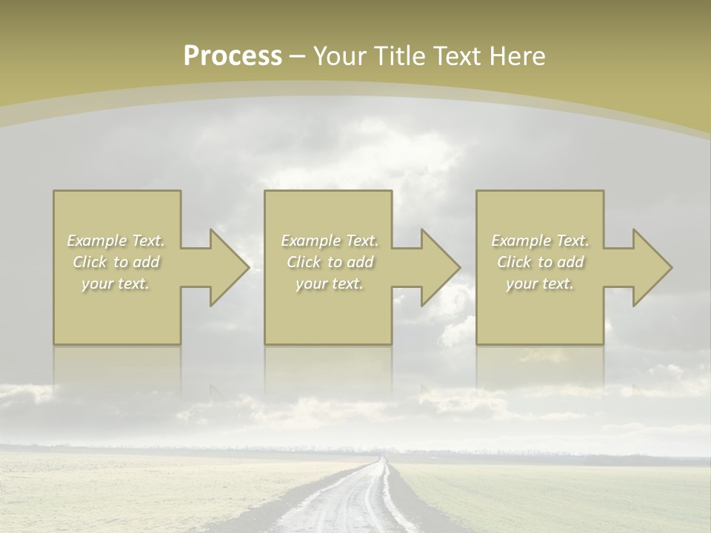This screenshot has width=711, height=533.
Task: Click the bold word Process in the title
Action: pos(233,56)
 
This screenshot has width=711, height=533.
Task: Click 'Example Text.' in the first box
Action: pos(116,241)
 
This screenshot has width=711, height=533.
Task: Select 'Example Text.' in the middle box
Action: pos(330,241)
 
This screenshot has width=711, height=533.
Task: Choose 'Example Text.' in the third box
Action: pos(540,241)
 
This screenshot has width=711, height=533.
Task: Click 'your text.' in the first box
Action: pos(116,284)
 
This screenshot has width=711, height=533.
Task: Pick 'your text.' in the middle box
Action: pos(330,284)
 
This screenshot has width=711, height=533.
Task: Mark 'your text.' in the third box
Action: pos(540,284)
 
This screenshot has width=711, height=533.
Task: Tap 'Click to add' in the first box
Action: pos(116,262)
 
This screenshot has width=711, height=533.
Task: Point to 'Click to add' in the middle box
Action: pos(330,262)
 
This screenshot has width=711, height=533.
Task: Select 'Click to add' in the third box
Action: pos(540,262)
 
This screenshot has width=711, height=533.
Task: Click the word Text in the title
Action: pos(458,56)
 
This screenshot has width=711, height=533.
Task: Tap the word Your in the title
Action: pos(338,56)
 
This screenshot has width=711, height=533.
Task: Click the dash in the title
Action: pos(297,56)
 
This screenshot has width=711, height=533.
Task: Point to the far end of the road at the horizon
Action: pos(382,459)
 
